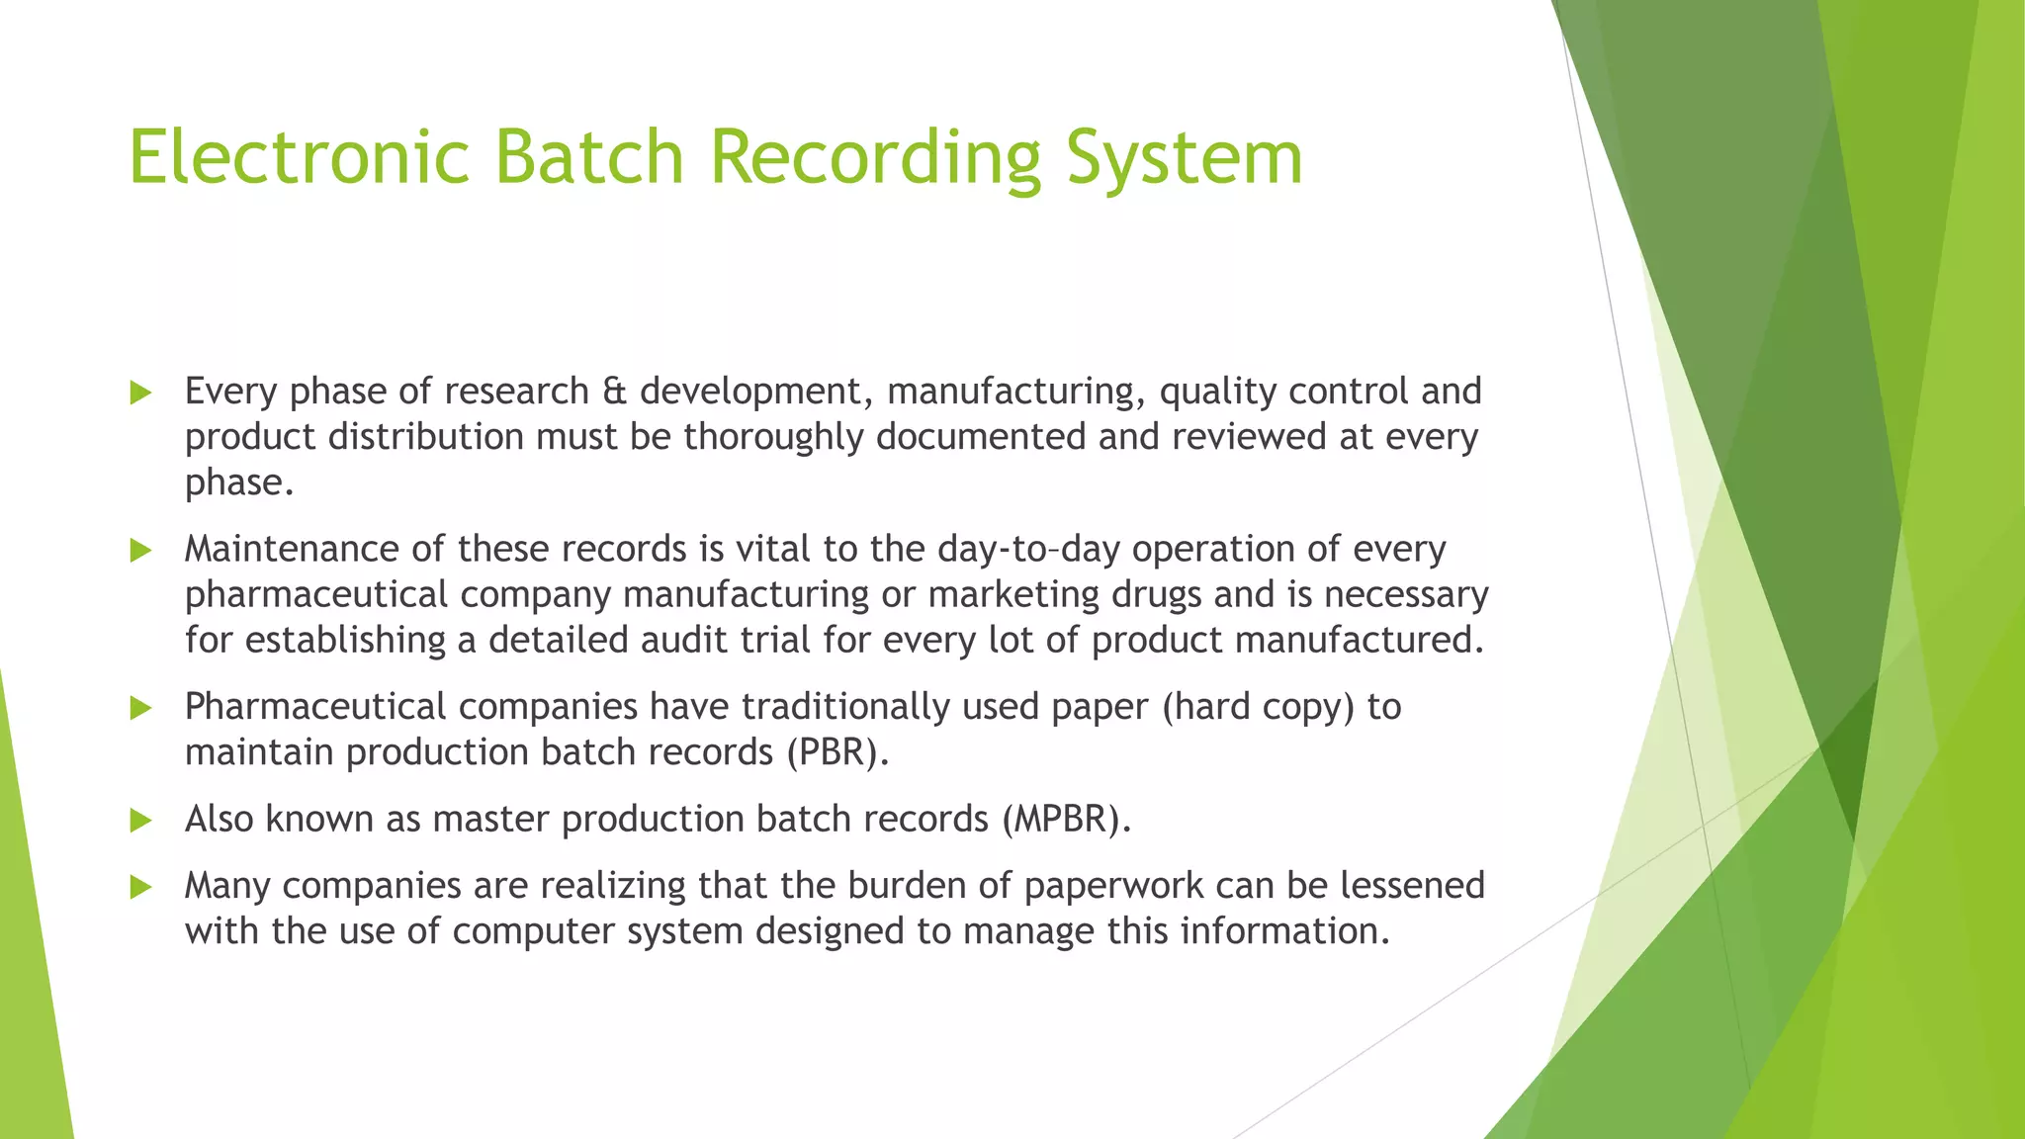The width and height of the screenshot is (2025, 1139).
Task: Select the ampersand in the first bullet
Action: [x=614, y=392]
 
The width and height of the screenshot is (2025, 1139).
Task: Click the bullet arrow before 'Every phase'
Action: [x=140, y=393]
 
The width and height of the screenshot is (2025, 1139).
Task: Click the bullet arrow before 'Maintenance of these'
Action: [x=140, y=550]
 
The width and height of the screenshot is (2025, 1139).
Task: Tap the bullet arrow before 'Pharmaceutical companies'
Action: [x=140, y=708]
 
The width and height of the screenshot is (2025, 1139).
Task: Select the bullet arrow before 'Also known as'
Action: [x=140, y=820]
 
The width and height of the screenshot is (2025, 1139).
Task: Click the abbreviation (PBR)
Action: [x=837, y=752]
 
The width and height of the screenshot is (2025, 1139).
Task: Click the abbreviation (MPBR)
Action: [x=1065, y=820]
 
